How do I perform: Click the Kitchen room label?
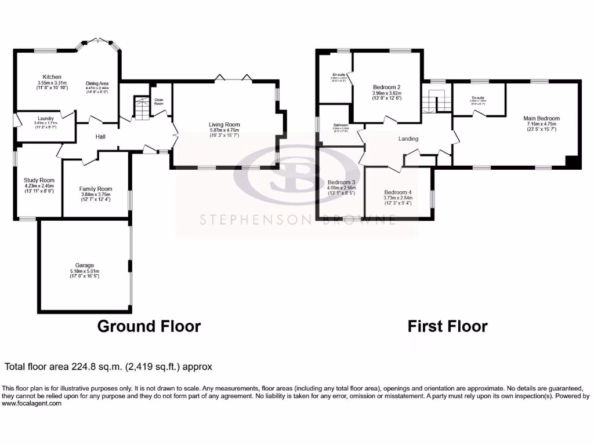click(52, 76)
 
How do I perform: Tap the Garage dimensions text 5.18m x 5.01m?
click(84, 271)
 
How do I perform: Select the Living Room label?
click(224, 125)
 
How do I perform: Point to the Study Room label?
click(39, 180)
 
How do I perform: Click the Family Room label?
click(96, 189)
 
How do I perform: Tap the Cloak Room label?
click(158, 101)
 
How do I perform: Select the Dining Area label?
click(97, 83)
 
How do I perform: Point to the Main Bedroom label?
click(543, 118)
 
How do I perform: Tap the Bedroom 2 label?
click(386, 87)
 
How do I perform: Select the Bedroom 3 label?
click(341, 182)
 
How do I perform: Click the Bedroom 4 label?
click(397, 192)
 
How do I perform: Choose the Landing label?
click(408, 139)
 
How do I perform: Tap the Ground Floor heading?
click(148, 326)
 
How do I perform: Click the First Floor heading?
click(447, 326)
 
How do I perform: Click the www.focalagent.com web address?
click(32, 403)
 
